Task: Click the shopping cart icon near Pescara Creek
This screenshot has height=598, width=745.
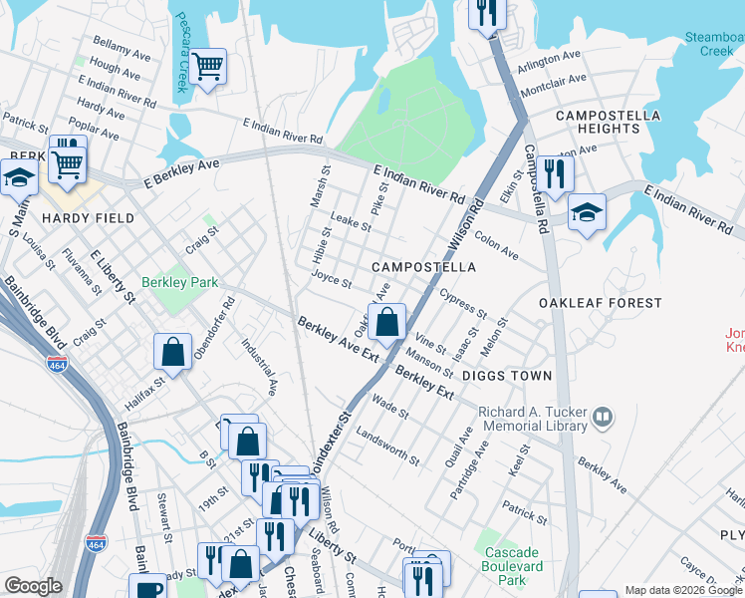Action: click(208, 67)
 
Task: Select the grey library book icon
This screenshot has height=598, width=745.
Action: click(602, 418)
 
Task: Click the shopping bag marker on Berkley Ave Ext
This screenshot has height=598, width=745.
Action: click(388, 322)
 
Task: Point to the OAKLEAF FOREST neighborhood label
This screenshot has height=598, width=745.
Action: click(600, 303)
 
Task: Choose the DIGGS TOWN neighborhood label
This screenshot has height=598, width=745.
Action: click(506, 376)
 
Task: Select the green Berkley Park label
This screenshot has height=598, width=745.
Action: click(179, 283)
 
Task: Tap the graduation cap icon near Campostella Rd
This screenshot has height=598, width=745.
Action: click(587, 212)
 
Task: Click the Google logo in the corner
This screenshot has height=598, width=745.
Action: click(33, 586)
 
